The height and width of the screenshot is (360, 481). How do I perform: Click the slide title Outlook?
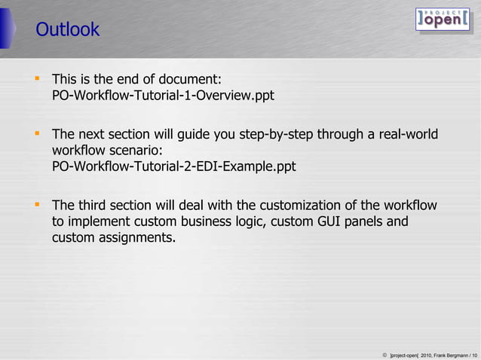(x=67, y=30)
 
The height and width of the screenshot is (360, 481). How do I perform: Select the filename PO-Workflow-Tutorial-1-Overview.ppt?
(x=163, y=96)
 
